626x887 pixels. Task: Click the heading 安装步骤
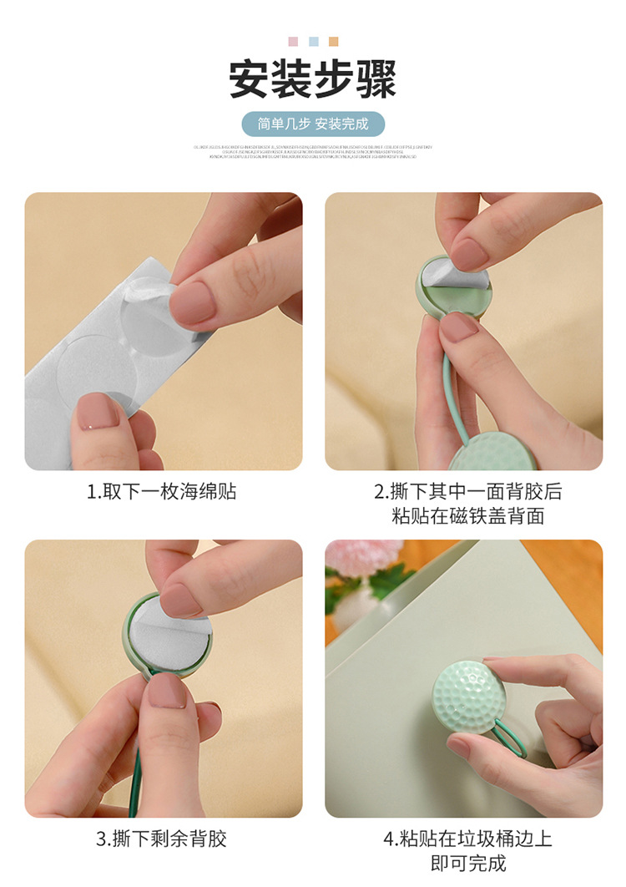pyautogui.click(x=313, y=79)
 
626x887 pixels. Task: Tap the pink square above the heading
pyautogui.click(x=293, y=42)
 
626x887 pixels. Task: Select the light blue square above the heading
pyautogui.click(x=313, y=42)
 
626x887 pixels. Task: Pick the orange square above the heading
pyautogui.click(x=334, y=42)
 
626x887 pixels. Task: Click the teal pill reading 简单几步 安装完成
pyautogui.click(x=313, y=124)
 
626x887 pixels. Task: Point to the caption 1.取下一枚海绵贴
pyautogui.click(x=162, y=492)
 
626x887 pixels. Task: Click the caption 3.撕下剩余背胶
pyautogui.click(x=162, y=839)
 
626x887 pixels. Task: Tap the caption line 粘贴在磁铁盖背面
pyautogui.click(x=467, y=516)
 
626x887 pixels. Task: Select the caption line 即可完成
pyautogui.click(x=467, y=863)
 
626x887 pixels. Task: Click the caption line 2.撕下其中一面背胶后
pyautogui.click(x=467, y=492)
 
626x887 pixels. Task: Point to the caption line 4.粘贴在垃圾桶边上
pyautogui.click(x=467, y=839)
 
